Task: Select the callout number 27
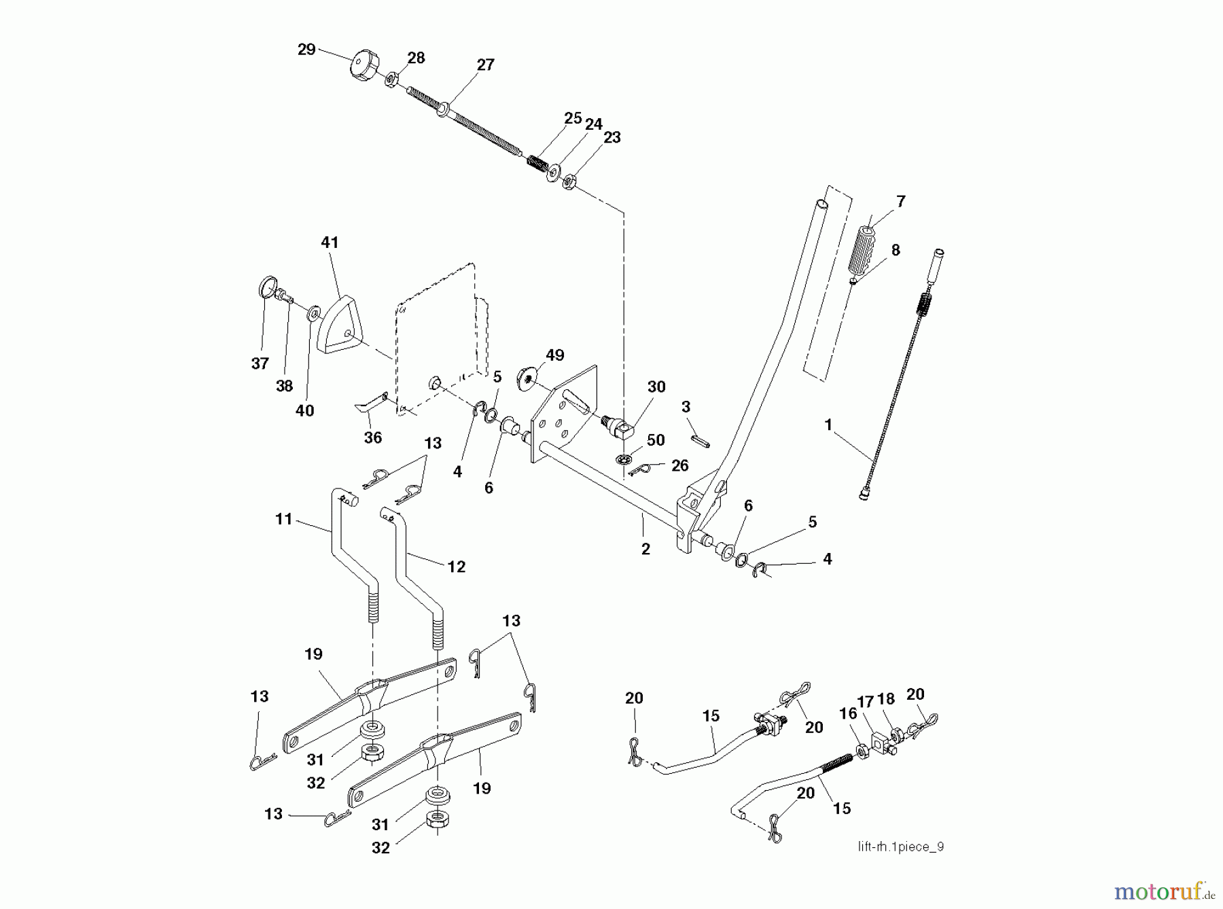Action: point(485,65)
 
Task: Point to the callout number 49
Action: point(554,355)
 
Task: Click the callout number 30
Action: point(656,387)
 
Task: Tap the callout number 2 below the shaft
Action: point(645,549)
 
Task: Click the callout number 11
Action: point(283,519)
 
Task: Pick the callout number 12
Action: point(457,566)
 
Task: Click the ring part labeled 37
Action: point(267,286)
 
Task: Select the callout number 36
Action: point(373,438)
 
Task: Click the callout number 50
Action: point(656,440)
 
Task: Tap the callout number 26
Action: point(679,465)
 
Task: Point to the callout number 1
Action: point(828,425)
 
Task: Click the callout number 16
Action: point(848,713)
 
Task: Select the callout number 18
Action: point(886,700)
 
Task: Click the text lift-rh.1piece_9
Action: point(900,846)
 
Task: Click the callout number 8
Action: point(896,250)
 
